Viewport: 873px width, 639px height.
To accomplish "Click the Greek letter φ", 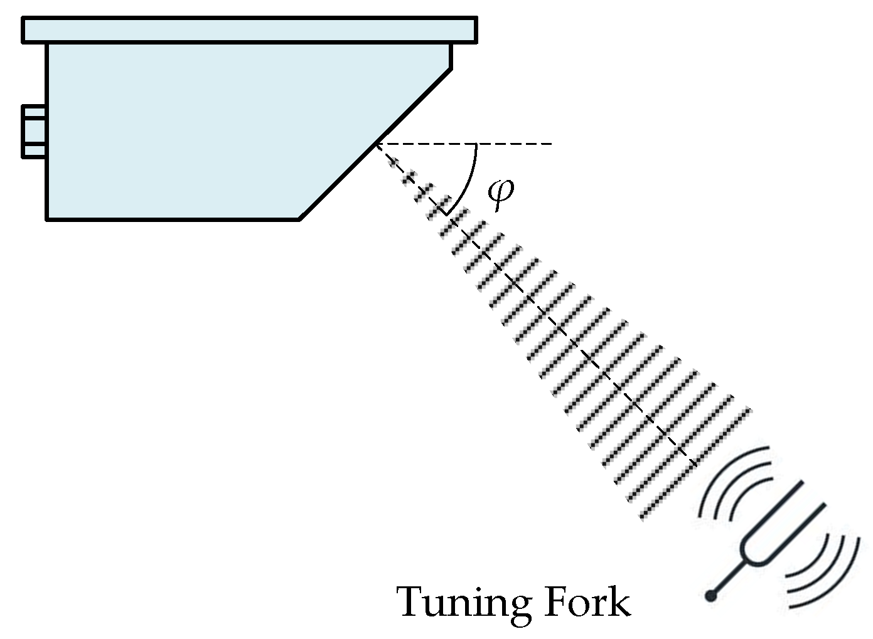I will pos(500,195).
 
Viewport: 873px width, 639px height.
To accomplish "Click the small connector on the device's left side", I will pos(34,132).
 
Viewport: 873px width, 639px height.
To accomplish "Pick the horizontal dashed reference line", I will pos(477,144).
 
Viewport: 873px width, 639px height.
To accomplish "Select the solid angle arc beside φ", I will pos(469,179).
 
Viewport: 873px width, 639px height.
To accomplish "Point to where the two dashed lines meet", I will pos(376,145).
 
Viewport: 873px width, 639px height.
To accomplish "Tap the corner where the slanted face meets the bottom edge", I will pos(299,219).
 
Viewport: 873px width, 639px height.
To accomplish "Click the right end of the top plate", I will pos(475,30).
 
